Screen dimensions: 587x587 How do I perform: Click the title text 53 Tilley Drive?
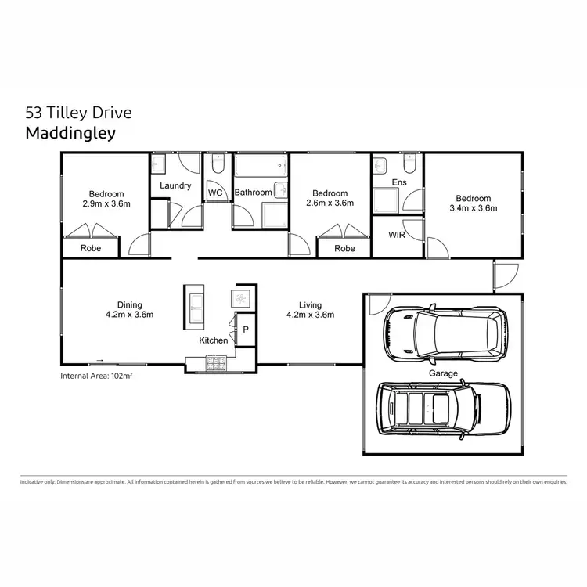pos(79,112)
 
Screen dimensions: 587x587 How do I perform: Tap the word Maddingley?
pos(70,132)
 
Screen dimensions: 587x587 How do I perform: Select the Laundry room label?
pos(175,185)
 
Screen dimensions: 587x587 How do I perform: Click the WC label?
pos(216,193)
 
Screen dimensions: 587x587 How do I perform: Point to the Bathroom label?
pos(253,193)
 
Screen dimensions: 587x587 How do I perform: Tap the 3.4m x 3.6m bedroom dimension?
pos(474,208)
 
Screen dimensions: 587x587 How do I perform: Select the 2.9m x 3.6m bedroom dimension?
pos(106,203)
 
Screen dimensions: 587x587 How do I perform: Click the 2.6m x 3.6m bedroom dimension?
pos(330,203)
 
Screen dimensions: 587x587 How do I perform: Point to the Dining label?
pos(130,305)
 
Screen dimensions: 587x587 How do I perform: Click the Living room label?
pos(310,305)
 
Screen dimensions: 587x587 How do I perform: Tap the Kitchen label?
pos(214,340)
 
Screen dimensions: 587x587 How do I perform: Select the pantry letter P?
pos(245,330)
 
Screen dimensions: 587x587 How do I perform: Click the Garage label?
pos(442,374)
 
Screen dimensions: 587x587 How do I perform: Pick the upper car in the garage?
pos(443,332)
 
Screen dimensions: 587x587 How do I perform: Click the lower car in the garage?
pos(443,408)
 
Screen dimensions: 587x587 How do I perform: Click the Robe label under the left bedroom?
pos(90,249)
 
